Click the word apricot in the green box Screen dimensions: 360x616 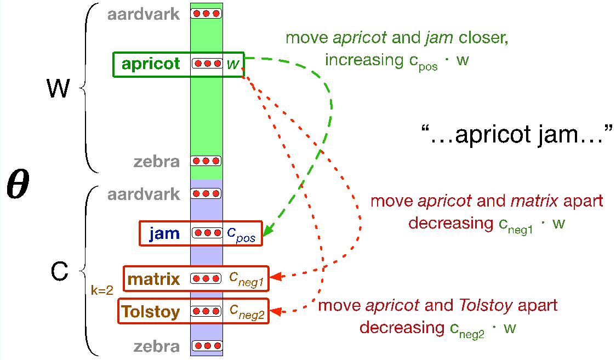click(x=151, y=64)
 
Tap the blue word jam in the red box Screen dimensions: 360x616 click(x=164, y=234)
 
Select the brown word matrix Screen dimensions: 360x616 click(x=154, y=280)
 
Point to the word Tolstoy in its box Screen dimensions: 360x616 click(x=151, y=312)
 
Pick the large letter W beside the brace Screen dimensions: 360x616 click(x=58, y=88)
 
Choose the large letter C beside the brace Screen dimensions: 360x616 click(x=59, y=271)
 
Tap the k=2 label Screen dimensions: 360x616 click(x=101, y=291)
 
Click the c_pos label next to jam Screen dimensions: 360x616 click(x=241, y=234)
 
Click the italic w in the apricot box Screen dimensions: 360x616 click(x=233, y=64)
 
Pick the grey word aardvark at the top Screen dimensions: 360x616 click(x=144, y=14)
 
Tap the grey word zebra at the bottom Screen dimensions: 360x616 click(x=157, y=346)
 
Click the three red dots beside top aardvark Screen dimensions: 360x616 click(x=206, y=13)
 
